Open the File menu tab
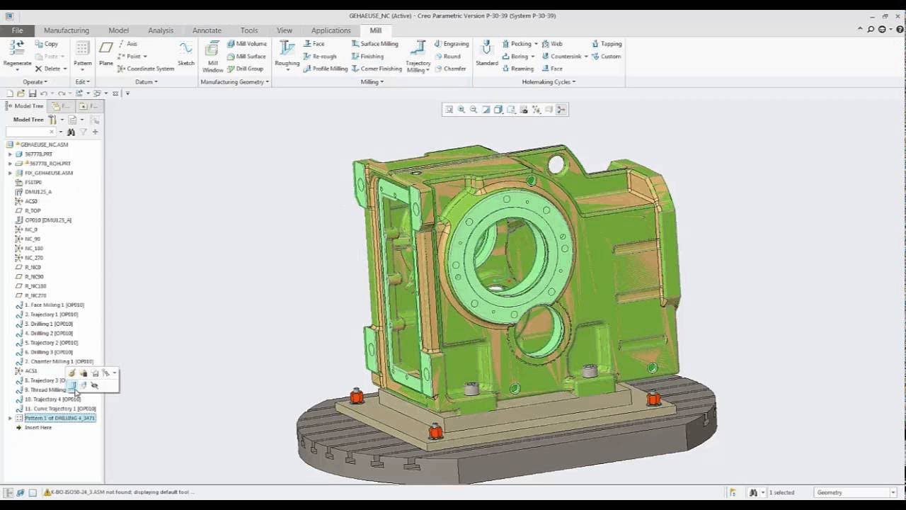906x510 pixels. coord(17,30)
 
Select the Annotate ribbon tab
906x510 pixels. coord(207,30)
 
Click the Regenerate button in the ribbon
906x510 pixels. coord(17,54)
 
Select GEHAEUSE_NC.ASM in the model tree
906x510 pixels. coord(44,144)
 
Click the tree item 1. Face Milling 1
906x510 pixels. coord(54,305)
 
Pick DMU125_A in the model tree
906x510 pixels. coord(38,192)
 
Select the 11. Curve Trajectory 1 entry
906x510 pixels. coord(59,409)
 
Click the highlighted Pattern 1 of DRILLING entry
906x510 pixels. coord(59,418)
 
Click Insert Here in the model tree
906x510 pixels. coord(38,428)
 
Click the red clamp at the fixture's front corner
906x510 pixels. coord(436,431)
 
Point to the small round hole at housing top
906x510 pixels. coord(556,165)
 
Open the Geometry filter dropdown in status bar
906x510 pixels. coord(855,492)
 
